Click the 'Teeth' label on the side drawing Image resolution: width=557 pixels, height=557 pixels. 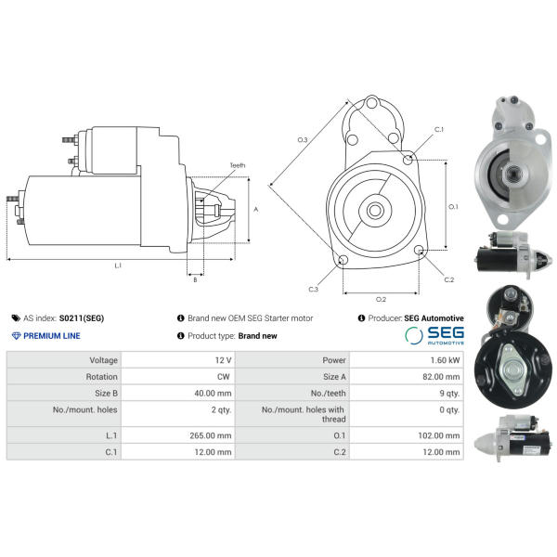pos(238,165)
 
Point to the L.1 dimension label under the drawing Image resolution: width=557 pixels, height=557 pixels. pos(118,266)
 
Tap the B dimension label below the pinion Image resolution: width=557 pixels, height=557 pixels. pos(195,280)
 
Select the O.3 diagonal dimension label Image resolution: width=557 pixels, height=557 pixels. pos(303,140)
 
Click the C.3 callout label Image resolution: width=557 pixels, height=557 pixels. pos(314,289)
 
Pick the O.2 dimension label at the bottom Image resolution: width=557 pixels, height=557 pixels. pos(381,300)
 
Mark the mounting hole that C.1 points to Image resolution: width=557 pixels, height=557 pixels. pos(408,160)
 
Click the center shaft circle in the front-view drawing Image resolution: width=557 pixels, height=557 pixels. pos(375,210)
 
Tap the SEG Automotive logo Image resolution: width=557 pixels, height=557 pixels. pos(434,336)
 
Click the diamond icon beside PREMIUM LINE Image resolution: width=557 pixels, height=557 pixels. pos(16,336)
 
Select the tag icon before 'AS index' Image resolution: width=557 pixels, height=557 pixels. pos(16,317)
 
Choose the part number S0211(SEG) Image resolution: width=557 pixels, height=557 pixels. pos(82,317)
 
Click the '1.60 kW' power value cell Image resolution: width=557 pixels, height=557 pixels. pos(445,360)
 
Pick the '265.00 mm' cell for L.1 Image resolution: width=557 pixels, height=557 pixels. pos(211,435)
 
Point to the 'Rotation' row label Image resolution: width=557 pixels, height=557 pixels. pos(101,377)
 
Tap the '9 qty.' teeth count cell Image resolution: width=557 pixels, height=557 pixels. pos(449,394)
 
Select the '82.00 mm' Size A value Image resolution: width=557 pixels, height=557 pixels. pos(441,377)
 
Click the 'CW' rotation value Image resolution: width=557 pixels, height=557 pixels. pos(224,377)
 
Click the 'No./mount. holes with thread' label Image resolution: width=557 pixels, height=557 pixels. pos(304,414)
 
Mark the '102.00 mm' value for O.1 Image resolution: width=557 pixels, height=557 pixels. pos(439,435)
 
